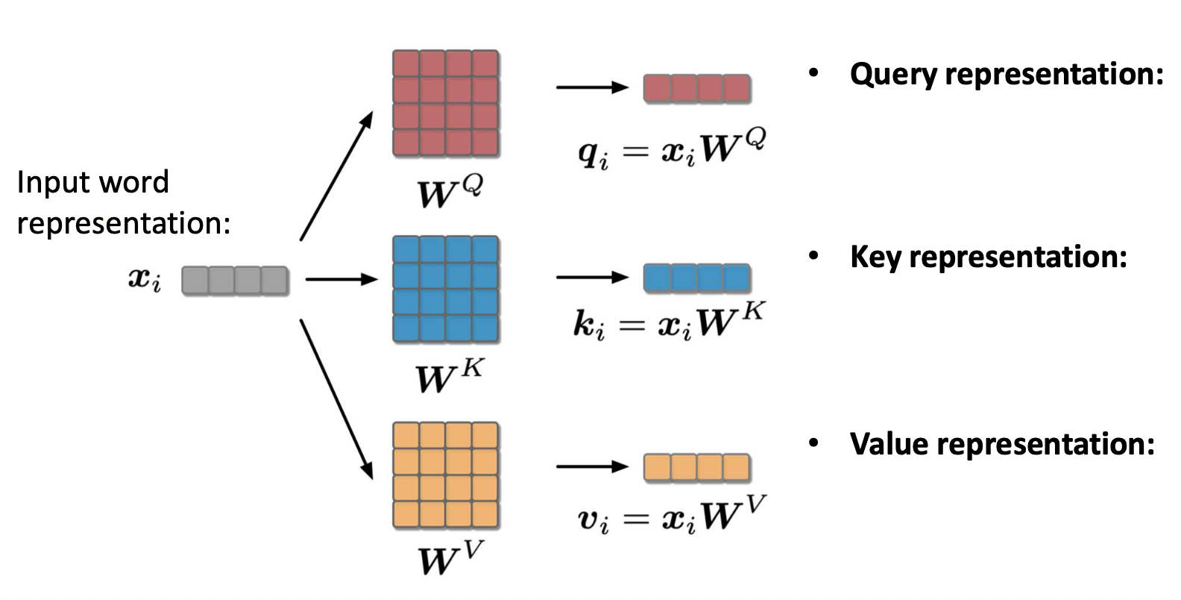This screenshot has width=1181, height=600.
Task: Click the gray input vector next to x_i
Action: coord(235,281)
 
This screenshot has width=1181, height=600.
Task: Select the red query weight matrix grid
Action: coord(446,104)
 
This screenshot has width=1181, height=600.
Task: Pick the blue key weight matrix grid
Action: coord(446,290)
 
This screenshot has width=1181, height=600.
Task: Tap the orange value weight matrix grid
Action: coord(446,475)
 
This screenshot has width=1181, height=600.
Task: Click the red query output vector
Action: coord(696,88)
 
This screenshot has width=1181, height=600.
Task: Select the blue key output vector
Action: coord(696,278)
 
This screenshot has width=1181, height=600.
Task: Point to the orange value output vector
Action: coord(696,468)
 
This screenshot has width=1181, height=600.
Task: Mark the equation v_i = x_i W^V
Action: coord(672,516)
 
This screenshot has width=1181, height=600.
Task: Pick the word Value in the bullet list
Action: coord(889,444)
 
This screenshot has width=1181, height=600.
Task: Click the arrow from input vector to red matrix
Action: coord(336,176)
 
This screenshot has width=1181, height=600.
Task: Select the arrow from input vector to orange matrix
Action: coord(336,399)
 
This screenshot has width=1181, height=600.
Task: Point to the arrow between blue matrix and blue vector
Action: coord(592,277)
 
